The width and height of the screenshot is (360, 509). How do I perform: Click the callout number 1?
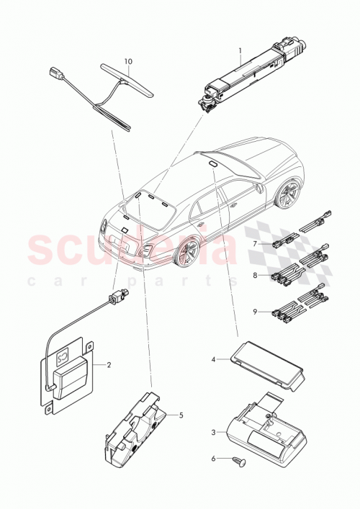[240, 50]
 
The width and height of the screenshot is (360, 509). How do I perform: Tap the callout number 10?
[128, 62]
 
